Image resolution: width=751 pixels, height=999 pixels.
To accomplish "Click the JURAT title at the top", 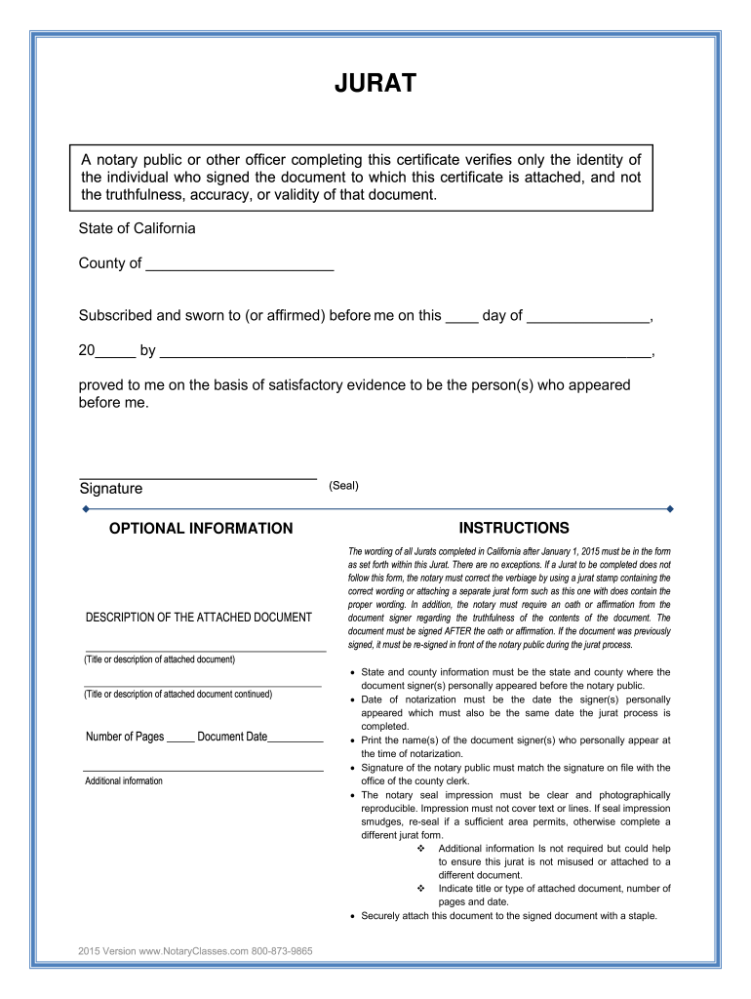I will (x=375, y=85).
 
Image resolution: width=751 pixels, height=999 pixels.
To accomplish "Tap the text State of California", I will (x=138, y=228).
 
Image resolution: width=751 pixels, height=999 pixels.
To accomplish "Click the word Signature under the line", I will (x=110, y=489).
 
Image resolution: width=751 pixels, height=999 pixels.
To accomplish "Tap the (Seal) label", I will (x=343, y=486).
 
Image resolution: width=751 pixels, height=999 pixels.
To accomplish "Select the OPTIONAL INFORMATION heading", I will (x=201, y=529).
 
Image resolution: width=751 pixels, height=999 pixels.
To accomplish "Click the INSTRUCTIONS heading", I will (x=514, y=528).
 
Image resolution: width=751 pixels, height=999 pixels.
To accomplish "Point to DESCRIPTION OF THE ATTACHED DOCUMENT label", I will (x=199, y=618).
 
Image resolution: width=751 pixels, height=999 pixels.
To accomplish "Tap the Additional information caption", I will (x=124, y=781).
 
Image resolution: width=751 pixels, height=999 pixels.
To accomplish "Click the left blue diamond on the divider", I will (x=86, y=508).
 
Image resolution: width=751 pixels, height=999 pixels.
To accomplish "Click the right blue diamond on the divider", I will (x=669, y=508).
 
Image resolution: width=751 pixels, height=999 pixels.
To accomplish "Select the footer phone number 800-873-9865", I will (x=282, y=951).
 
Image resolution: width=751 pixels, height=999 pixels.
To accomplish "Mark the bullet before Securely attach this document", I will (x=351, y=917).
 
